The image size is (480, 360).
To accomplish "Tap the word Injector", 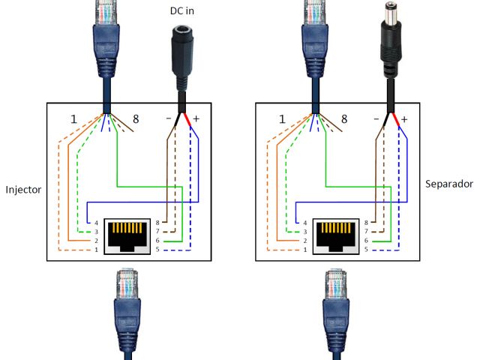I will click(22, 190).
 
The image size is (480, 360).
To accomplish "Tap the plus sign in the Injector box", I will click(196, 119).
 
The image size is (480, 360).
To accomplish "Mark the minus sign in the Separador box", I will click(376, 119).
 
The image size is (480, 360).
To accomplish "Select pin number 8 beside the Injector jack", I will click(156, 223).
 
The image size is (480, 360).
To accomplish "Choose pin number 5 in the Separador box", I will click(365, 248).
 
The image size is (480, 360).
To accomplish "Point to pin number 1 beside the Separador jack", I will click(304, 248).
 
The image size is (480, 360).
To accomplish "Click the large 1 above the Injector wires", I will click(73, 119).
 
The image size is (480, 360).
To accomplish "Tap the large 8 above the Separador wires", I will click(344, 119).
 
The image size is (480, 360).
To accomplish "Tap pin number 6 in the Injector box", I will click(156, 240).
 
